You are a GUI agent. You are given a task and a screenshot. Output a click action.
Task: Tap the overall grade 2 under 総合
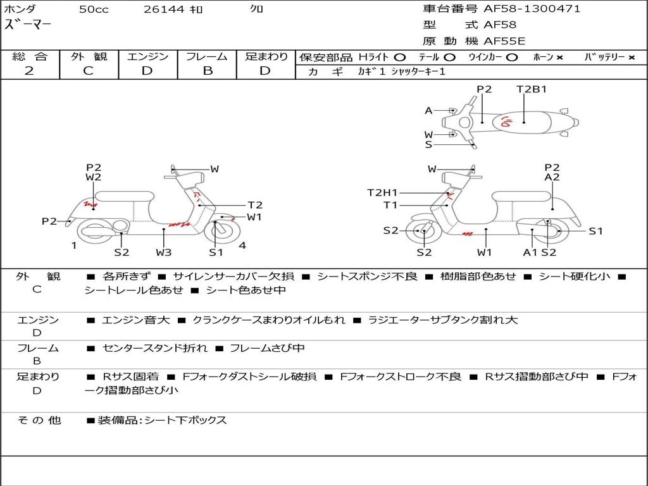(29, 71)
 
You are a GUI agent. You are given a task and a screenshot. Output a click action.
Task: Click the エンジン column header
(147, 56)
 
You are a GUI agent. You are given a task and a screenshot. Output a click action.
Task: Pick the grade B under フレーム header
(208, 71)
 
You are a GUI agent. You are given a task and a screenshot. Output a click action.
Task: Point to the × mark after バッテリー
(632, 58)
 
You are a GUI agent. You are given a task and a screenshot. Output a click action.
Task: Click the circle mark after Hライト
(400, 58)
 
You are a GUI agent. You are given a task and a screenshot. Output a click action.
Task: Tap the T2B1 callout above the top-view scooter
(532, 89)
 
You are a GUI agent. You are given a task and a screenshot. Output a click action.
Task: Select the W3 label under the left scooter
(164, 252)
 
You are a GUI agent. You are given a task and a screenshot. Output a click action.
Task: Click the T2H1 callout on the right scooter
(382, 192)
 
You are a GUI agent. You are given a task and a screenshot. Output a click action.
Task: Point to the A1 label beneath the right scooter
(530, 252)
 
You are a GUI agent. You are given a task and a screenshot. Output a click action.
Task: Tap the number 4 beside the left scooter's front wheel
(242, 246)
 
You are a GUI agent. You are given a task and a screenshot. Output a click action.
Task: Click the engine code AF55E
(504, 41)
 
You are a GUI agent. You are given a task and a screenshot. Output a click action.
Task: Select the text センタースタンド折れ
(155, 348)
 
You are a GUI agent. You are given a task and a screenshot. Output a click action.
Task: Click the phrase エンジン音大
(136, 320)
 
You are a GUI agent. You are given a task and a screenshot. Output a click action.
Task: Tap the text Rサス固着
(130, 377)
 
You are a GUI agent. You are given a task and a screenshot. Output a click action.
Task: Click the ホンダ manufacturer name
(20, 9)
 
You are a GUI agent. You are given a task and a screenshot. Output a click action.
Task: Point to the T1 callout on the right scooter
(390, 205)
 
